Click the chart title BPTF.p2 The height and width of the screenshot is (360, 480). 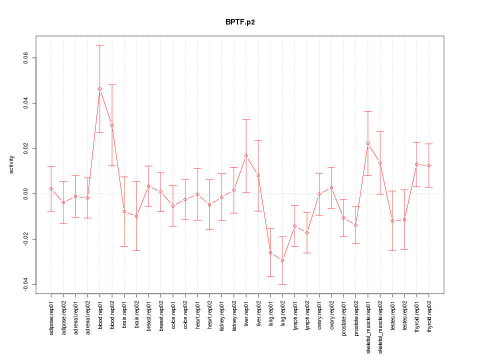(x=240, y=22)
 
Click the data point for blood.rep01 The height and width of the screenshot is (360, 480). (x=100, y=89)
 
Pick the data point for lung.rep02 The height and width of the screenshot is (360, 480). (x=282, y=260)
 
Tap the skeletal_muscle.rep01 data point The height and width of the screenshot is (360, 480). (x=368, y=143)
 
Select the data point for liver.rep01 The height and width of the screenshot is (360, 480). (x=246, y=156)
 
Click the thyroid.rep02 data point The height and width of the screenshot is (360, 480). (x=428, y=165)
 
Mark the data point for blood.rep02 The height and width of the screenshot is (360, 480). (x=112, y=125)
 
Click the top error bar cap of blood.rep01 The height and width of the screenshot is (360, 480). (x=100, y=45)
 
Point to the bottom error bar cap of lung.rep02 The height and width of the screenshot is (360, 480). (x=282, y=284)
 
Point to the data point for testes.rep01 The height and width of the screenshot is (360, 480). (x=392, y=220)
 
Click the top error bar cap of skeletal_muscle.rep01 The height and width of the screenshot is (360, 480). (x=368, y=111)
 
